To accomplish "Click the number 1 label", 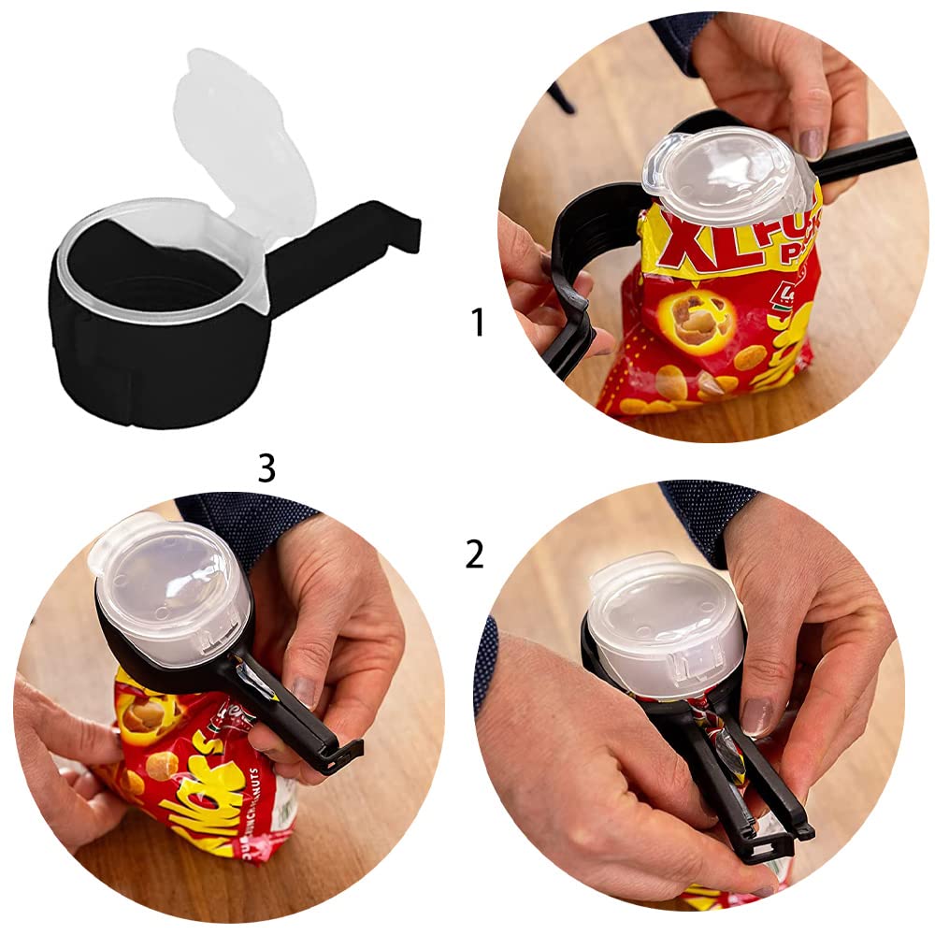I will pyautogui.click(x=478, y=323).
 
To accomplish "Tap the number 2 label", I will pyautogui.click(x=475, y=554).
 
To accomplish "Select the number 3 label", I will pyautogui.click(x=266, y=468).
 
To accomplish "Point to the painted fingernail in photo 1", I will pyautogui.click(x=811, y=143).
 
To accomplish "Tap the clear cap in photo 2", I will pyautogui.click(x=664, y=626).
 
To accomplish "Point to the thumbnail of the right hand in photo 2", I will pyautogui.click(x=755, y=718).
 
